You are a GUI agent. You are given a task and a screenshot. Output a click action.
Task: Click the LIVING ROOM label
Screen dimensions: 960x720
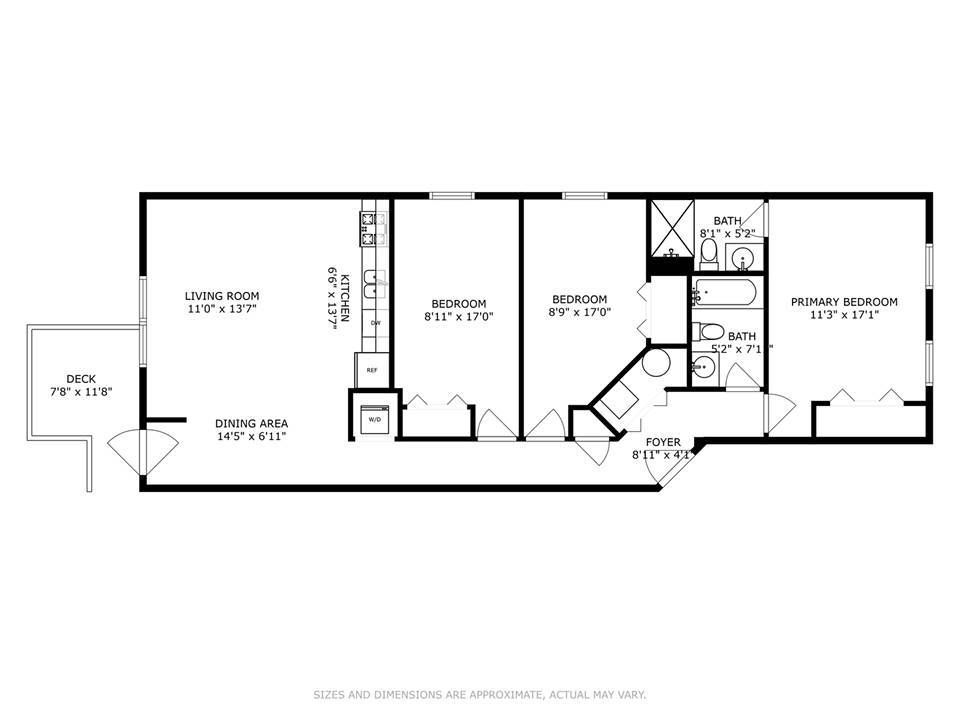(x=222, y=296)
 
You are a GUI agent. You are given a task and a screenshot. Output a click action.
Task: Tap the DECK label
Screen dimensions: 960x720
(x=81, y=379)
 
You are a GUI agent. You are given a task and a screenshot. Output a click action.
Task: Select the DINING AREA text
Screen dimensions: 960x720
(x=251, y=423)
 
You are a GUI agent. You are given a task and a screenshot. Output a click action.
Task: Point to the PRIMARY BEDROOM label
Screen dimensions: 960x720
(x=844, y=302)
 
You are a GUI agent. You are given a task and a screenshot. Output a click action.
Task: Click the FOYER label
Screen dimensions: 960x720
(x=663, y=442)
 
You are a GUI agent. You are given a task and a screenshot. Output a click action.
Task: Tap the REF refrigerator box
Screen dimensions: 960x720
(x=372, y=370)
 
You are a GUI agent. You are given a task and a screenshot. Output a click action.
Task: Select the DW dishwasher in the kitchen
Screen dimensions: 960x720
(x=375, y=322)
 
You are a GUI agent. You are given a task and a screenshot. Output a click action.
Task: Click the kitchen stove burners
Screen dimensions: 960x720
(x=374, y=228)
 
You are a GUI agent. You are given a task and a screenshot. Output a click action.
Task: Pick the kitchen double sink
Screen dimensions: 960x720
(x=374, y=284)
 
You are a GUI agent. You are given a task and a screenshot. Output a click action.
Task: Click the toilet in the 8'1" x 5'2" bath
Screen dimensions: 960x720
(x=708, y=254)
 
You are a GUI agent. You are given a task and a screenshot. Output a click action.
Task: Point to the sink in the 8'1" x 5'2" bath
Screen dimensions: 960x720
(x=744, y=258)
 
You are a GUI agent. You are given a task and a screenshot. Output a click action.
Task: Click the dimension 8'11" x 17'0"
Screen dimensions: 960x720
(x=459, y=317)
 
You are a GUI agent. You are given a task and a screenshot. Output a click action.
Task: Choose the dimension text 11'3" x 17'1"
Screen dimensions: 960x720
(x=844, y=315)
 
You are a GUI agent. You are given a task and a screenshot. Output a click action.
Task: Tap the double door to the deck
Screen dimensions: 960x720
(x=143, y=452)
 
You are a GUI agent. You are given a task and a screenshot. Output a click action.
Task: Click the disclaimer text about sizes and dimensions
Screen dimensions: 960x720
(x=480, y=694)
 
